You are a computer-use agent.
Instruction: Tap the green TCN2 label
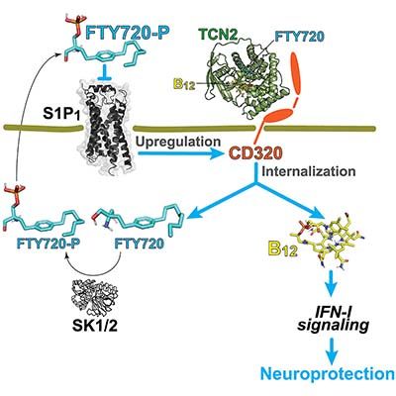[218, 35]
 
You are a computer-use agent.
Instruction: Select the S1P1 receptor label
[62, 115]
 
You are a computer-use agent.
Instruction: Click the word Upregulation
[178, 142]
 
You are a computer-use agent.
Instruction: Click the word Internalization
[309, 171]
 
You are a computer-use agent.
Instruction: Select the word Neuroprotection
[328, 374]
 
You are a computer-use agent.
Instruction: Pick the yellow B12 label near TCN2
[184, 85]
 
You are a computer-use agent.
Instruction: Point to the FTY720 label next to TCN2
[299, 37]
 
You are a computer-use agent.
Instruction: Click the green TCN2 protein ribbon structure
[247, 81]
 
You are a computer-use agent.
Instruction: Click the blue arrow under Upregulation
[179, 153]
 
